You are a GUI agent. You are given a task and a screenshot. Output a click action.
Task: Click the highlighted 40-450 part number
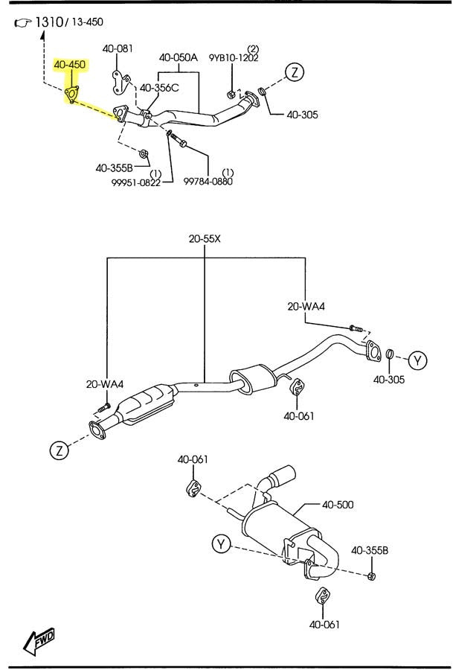pyautogui.click(x=69, y=66)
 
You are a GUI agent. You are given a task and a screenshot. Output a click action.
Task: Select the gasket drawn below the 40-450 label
pyautogui.click(x=72, y=94)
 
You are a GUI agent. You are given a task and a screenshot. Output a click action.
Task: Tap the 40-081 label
pyautogui.click(x=118, y=49)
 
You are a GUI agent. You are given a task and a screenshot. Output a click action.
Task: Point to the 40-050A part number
pyautogui.click(x=178, y=57)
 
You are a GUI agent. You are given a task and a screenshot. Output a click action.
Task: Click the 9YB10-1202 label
pyautogui.click(x=233, y=58)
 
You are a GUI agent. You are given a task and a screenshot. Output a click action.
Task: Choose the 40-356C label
pyautogui.click(x=159, y=88)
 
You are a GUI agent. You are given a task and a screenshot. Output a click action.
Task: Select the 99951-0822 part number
pyautogui.click(x=136, y=182)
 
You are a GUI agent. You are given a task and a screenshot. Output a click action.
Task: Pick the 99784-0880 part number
pyautogui.click(x=208, y=180)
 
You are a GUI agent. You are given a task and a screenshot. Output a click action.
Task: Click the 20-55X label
pyautogui.click(x=205, y=239)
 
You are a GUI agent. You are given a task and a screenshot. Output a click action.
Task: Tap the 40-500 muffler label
pyautogui.click(x=338, y=505)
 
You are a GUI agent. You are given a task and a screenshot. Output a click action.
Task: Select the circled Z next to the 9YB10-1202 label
pyautogui.click(x=295, y=72)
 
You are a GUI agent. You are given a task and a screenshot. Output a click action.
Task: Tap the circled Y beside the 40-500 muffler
pyautogui.click(x=221, y=544)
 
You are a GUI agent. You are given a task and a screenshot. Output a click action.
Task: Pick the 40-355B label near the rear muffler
pyautogui.click(x=370, y=551)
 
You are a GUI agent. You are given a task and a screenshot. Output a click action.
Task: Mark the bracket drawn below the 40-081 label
pyautogui.click(x=118, y=81)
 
